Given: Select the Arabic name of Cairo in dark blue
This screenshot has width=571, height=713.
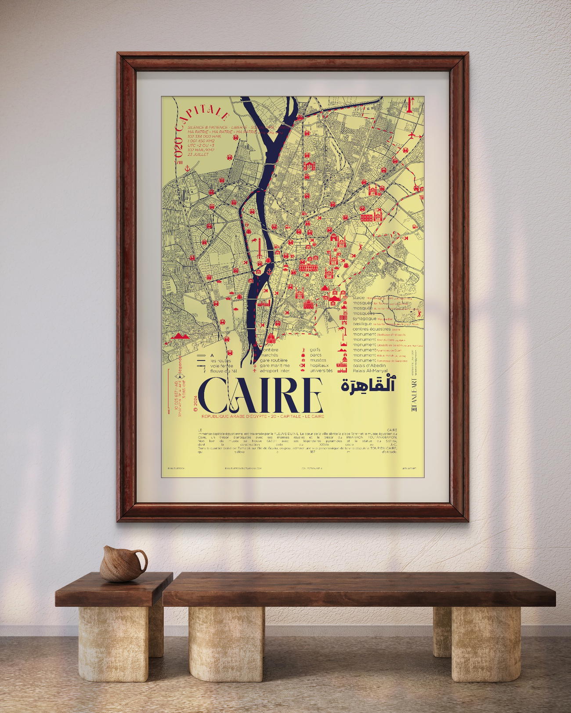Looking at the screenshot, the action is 368,385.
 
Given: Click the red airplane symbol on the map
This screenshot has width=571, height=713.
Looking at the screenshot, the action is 412,136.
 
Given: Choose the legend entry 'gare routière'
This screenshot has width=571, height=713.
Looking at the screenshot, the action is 274,360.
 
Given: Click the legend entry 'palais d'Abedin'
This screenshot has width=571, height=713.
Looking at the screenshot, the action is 369,365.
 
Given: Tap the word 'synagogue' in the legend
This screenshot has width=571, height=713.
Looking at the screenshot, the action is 364,319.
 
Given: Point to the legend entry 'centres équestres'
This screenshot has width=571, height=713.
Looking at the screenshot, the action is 371,329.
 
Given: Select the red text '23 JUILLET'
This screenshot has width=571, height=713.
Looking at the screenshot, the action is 198,154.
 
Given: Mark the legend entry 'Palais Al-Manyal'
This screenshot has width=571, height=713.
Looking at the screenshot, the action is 370,371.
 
